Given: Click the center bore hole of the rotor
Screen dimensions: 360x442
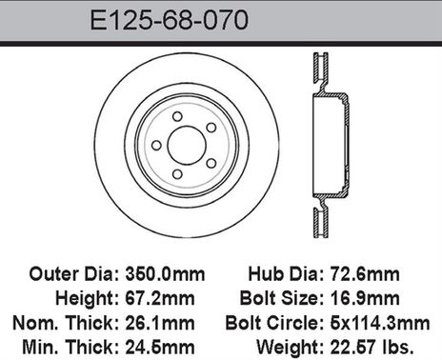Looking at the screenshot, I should [x=186, y=145].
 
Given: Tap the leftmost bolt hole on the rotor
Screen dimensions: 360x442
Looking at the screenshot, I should [x=156, y=145].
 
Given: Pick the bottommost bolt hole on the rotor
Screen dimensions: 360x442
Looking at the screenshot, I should [x=177, y=172].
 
